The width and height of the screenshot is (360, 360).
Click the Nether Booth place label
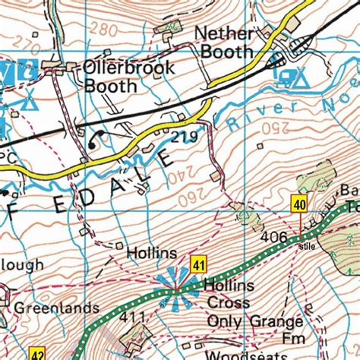click(x=223, y=43)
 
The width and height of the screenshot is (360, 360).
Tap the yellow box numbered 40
click(x=300, y=204)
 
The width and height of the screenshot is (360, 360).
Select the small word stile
click(x=306, y=246)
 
